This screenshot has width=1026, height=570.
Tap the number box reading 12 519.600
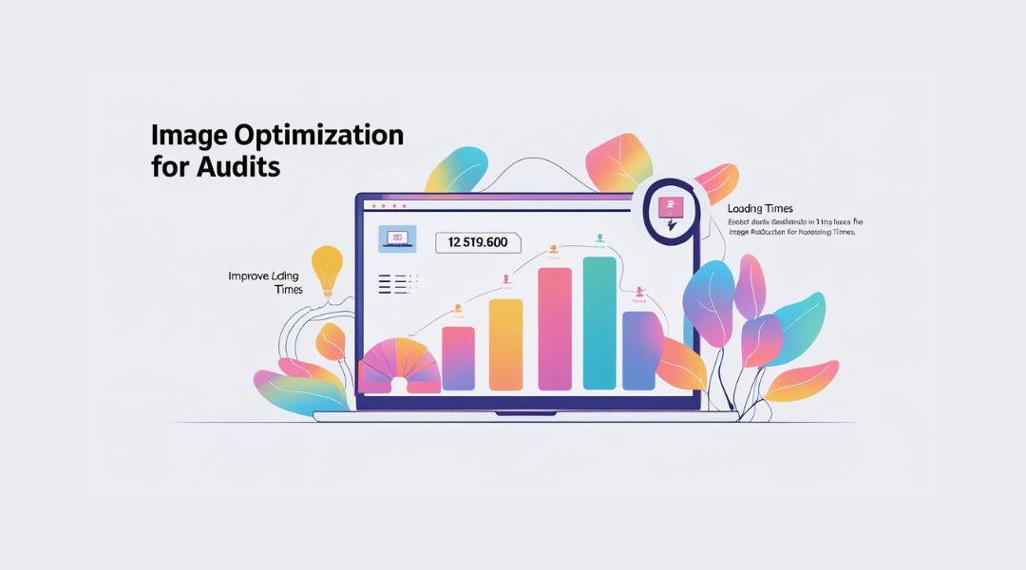(x=478, y=242)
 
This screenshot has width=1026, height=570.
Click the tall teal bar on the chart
(x=599, y=323)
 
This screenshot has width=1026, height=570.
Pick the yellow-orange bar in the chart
(x=505, y=344)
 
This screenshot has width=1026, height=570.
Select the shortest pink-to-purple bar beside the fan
(x=458, y=358)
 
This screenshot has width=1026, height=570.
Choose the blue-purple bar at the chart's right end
(x=642, y=350)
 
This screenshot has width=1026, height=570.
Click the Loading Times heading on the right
(x=760, y=208)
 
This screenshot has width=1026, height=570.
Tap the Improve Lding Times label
(x=265, y=282)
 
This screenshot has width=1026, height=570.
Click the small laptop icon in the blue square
(x=398, y=237)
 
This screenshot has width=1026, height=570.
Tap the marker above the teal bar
(x=599, y=237)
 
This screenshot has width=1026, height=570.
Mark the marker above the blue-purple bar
(x=641, y=292)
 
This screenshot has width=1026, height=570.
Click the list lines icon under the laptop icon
(x=398, y=283)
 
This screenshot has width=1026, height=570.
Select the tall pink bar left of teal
(x=555, y=329)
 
